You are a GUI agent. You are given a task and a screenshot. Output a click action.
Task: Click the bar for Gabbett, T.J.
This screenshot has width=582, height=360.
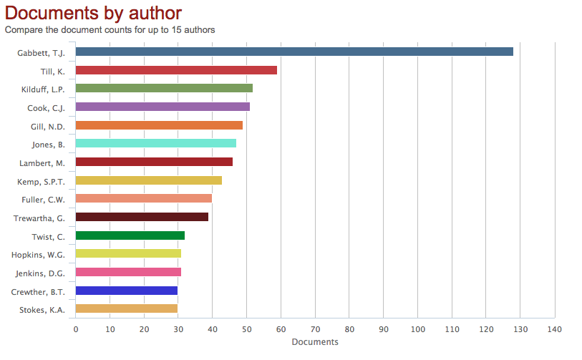coord(294,52)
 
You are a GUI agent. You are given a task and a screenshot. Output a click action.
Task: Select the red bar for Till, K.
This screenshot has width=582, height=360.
coord(176,70)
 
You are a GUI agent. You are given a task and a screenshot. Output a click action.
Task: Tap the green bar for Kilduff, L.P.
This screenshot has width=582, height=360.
coord(164,89)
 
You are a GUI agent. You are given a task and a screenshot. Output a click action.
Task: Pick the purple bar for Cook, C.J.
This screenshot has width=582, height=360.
coord(163,107)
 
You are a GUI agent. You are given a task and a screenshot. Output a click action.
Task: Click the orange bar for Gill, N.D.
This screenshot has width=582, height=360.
coord(159,125)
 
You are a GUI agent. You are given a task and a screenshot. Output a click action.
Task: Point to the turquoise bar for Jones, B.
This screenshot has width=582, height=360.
coord(155,143)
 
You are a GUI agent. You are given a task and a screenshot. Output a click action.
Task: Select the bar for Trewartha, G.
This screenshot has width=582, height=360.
coord(142,217)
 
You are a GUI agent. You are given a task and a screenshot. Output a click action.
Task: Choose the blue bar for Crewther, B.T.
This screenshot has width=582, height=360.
coord(127,291)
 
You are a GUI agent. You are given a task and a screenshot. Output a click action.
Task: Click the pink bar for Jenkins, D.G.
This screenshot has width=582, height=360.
coord(128,272)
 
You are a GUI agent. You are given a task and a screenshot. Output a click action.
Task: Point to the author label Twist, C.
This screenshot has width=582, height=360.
coord(48,237)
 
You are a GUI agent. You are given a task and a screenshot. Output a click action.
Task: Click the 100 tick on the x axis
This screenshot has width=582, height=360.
coord(418,329)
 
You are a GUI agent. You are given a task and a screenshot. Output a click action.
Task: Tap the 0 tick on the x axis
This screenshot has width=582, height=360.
coord(76,329)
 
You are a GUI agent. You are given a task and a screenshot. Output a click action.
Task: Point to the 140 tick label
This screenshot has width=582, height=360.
coord(555,329)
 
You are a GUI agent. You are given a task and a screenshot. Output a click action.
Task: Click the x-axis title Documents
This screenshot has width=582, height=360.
coord(315,342)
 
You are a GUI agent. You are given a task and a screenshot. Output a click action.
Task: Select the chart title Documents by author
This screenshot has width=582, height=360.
coord(93,12)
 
